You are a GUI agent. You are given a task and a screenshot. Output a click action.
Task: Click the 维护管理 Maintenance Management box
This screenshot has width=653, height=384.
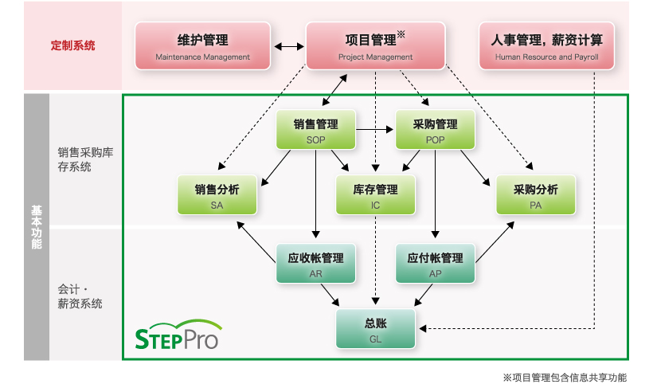click(x=203, y=46)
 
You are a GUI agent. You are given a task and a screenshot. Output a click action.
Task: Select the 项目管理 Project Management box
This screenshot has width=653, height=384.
click(x=375, y=46)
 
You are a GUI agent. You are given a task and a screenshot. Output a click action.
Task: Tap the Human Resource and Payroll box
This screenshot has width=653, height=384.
click(x=546, y=46)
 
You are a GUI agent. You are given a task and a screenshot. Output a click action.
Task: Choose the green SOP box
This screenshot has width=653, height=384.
click(x=315, y=130)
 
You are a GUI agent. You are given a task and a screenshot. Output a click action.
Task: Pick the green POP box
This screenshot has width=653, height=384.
click(x=435, y=130)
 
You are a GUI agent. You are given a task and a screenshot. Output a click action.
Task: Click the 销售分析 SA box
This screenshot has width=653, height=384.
click(x=217, y=195)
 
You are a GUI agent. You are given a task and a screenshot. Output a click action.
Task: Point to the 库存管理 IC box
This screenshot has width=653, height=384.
click(x=375, y=195)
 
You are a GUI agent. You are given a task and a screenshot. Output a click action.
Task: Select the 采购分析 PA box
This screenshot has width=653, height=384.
click(x=536, y=195)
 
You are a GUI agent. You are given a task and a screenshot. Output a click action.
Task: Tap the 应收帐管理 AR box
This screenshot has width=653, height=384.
click(x=315, y=263)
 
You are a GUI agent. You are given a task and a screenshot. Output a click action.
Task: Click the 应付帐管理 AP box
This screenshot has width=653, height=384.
click(x=435, y=263)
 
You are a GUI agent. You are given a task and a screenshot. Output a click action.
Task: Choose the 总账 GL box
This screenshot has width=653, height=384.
click(x=375, y=328)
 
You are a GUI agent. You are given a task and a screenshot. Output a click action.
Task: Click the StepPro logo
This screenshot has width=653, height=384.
click(x=178, y=335)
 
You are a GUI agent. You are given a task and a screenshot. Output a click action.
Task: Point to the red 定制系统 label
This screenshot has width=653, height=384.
click(x=73, y=45)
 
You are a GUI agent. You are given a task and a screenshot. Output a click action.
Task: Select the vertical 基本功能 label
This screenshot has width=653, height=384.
click(x=37, y=227)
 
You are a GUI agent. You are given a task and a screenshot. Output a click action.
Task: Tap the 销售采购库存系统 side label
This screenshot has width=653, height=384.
click(x=85, y=159)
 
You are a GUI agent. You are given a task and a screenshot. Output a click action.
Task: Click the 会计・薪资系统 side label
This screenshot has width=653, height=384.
click(x=80, y=296)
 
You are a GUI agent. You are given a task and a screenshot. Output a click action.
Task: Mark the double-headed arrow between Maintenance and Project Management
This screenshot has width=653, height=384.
click(x=288, y=47)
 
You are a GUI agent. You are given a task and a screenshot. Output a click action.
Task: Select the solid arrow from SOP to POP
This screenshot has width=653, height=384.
click(x=374, y=130)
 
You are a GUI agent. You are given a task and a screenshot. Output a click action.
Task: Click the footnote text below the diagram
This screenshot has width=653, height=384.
click(x=565, y=378)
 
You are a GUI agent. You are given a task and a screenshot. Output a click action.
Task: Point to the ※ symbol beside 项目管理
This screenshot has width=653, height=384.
click(x=401, y=34)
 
